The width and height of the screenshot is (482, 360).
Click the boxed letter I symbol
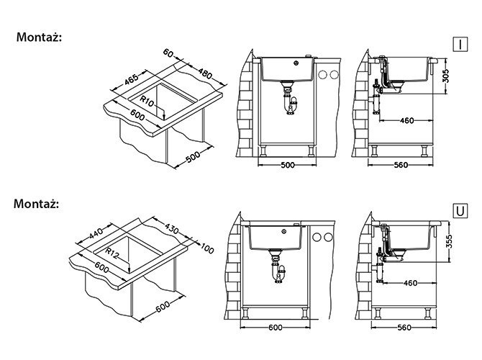coord(460,45)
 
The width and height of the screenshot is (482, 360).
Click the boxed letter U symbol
coord(460,211)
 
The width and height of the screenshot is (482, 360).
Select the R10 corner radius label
coord(147,101)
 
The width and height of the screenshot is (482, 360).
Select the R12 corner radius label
coord(112,253)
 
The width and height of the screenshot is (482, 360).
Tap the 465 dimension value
coord(132,80)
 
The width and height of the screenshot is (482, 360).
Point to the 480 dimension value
coord(205,73)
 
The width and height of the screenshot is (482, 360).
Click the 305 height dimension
coord(446,76)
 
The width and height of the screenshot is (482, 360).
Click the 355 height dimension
coord(449,242)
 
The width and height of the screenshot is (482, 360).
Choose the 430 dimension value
coord(171,228)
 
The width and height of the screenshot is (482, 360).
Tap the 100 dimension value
coord(207,248)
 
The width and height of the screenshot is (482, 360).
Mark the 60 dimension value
coord(168,53)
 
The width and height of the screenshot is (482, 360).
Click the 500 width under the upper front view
coord(288,165)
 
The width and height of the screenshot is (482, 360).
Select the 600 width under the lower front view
coord(275,328)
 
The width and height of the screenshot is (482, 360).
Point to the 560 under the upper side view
coord(401,165)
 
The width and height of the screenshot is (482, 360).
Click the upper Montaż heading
coord(39,37)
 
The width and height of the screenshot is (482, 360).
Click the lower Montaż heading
coord(36,204)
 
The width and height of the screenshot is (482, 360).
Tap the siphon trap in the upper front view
coord(290,102)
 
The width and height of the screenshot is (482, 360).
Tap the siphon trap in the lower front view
coord(278,269)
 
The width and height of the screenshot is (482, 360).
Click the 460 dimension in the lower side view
coord(410,283)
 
